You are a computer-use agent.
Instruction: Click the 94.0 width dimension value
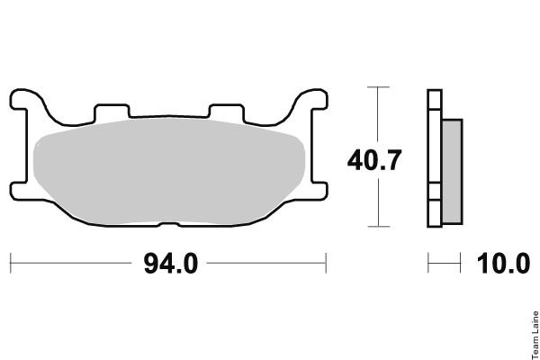tap(171, 264)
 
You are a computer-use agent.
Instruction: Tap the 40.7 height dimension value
tap(374, 160)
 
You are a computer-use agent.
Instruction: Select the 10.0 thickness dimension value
tap(503, 264)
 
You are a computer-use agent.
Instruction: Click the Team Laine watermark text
tap(535, 335)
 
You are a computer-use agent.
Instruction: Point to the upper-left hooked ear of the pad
tap(26, 100)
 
